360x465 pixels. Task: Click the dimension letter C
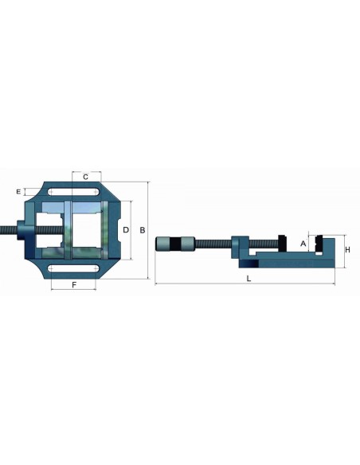point(85,177)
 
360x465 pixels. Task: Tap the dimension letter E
point(18,192)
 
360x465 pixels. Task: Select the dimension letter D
point(126,230)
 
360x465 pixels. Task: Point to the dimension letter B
point(143,230)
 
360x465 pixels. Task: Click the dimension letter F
point(74,285)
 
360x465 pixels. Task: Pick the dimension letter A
point(303,244)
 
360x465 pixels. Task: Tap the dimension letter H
point(347,250)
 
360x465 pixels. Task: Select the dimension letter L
point(248,279)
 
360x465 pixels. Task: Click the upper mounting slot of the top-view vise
point(73,192)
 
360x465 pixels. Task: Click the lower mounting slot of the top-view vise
point(73,268)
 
